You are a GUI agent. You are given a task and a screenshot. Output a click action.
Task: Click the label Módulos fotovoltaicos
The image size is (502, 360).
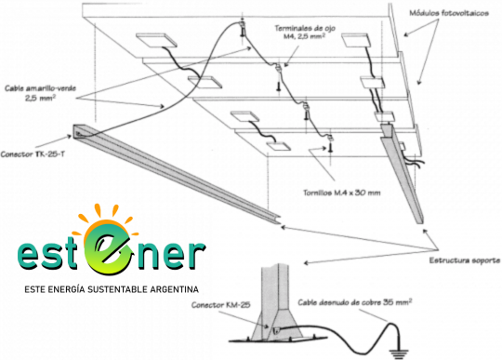[449, 13]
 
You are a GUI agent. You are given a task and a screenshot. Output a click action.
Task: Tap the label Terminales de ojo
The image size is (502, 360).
[305, 28]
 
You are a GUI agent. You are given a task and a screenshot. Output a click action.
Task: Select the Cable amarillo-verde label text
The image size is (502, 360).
[40, 88]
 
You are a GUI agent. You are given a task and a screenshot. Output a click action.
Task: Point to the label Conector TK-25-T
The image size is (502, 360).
[33, 154]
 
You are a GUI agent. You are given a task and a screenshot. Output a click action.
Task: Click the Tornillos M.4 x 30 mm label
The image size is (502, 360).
[341, 193]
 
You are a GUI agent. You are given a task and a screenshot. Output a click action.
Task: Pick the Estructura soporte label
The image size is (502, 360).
[465, 260]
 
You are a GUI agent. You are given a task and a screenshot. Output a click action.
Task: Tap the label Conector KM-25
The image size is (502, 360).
[220, 304]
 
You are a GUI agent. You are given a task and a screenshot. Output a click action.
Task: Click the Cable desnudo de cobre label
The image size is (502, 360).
[355, 302]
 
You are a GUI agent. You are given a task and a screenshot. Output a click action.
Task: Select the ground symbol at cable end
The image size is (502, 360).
[399, 353]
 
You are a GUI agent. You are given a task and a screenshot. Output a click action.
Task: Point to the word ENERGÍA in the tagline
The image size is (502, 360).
[67, 289]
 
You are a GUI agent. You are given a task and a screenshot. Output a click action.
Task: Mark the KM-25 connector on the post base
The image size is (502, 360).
[275, 330]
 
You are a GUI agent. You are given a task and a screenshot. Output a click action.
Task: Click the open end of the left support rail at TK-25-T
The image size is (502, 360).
[78, 131]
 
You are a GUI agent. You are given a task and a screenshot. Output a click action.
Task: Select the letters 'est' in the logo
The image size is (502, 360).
[48, 255]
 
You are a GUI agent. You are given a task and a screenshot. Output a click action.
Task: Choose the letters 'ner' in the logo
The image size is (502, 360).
[168, 255]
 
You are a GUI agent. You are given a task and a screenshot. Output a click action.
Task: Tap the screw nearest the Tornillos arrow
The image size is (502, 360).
[331, 147]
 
